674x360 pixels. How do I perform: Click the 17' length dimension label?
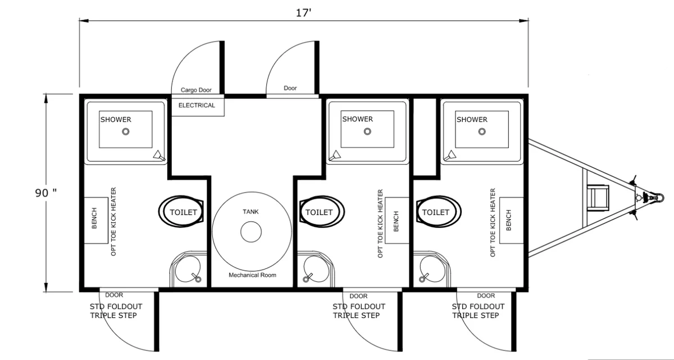(x=303, y=12)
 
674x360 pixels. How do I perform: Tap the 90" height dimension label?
(x=45, y=193)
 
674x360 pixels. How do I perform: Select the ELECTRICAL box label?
(x=197, y=105)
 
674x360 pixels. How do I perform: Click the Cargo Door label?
(x=196, y=90)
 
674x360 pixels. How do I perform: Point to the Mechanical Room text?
(x=252, y=275)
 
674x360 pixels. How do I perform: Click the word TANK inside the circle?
(x=251, y=212)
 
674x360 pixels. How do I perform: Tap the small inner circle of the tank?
(x=251, y=232)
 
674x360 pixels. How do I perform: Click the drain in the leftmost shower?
(x=126, y=132)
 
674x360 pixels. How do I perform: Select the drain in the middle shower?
(x=367, y=131)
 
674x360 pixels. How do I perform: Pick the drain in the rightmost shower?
(x=482, y=131)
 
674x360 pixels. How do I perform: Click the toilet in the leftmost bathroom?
(x=181, y=212)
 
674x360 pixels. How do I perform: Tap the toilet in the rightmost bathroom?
(x=439, y=212)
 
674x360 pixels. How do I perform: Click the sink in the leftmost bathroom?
(x=188, y=269)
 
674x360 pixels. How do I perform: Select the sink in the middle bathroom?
(x=316, y=269)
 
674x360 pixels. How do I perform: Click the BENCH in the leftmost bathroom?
(x=95, y=220)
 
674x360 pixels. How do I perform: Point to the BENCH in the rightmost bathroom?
(x=511, y=220)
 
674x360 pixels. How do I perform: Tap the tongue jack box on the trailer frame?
(x=598, y=198)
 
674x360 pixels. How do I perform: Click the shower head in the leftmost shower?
(x=159, y=156)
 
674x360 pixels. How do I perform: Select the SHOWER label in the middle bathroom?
(x=357, y=119)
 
